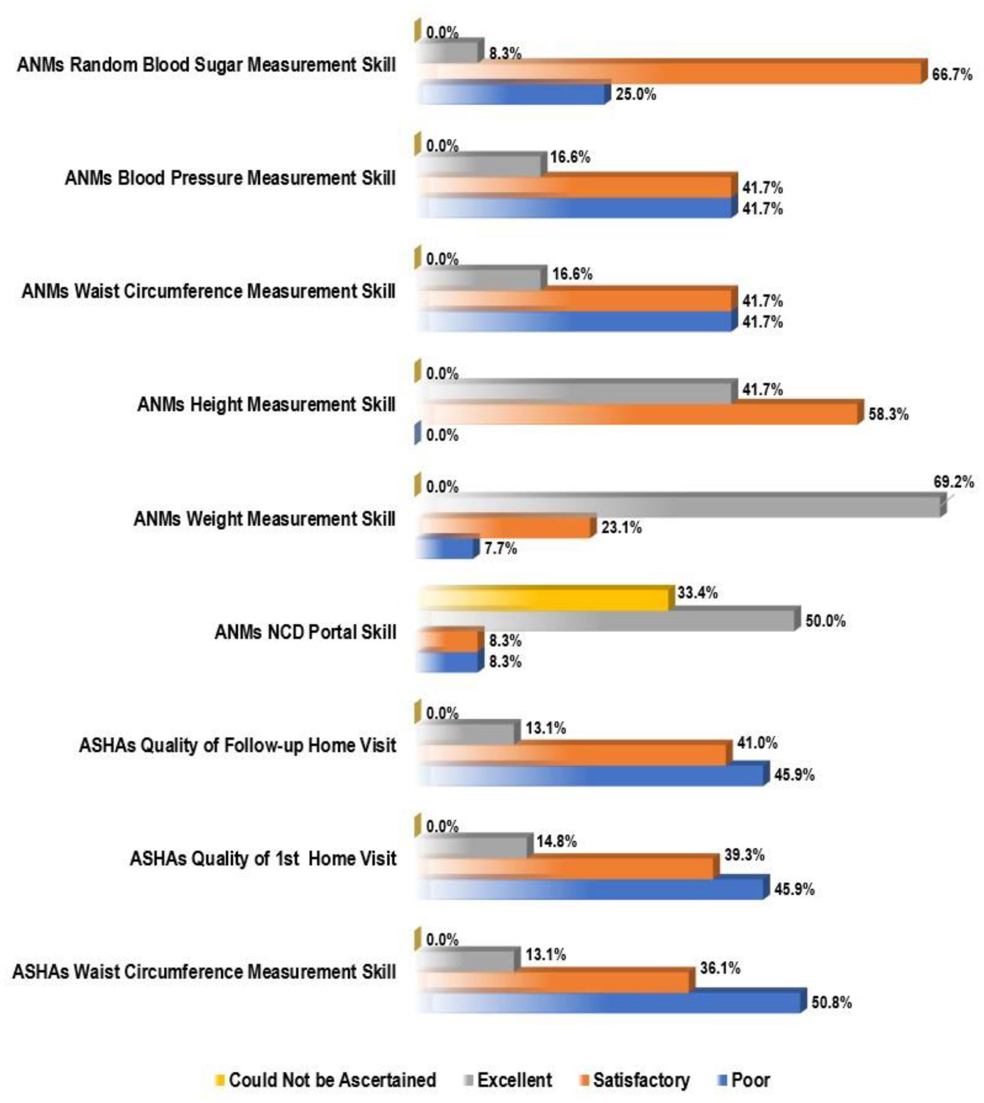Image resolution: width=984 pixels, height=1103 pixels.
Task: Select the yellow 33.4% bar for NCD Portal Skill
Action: point(544,600)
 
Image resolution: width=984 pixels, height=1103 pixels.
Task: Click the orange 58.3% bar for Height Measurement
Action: point(638,413)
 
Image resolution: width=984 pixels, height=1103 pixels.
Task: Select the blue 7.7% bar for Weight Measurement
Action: point(446,549)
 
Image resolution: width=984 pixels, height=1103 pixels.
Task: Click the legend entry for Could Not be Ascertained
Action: point(326,1080)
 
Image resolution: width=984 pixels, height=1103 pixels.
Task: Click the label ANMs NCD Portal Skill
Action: point(305,632)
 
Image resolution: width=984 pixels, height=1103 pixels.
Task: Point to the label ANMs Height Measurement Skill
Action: point(266,404)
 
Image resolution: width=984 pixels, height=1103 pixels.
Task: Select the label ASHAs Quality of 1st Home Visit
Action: point(262,858)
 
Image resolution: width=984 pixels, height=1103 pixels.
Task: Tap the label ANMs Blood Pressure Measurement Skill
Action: point(230,177)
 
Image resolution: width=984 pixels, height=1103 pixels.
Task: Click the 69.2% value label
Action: point(953,482)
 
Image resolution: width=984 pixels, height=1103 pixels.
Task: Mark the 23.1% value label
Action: point(621,527)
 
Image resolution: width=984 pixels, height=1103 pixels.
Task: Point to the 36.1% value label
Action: point(720,968)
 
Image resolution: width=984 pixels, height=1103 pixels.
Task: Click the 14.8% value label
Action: point(556,841)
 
